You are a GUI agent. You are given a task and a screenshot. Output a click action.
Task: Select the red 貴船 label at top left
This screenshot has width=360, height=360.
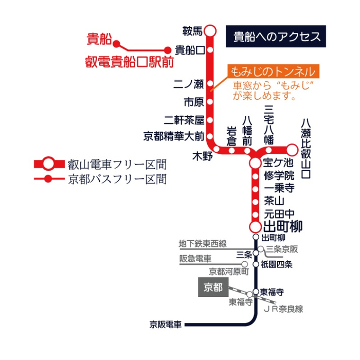point(98,39)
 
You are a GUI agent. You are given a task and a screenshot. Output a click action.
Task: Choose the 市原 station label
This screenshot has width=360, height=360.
point(194,100)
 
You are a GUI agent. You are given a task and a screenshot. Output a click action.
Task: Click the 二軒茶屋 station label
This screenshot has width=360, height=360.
point(185,120)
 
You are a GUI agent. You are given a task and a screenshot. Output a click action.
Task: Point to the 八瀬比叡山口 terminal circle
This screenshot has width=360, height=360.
point(292,150)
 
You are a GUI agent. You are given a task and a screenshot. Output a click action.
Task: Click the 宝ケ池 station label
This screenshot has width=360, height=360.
point(277,164)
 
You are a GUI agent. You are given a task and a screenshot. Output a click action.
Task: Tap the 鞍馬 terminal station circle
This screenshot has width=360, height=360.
point(210,31)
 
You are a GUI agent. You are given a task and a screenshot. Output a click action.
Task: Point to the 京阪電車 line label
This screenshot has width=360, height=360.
point(166,325)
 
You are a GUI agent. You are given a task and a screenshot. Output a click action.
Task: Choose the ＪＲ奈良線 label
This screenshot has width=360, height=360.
point(283,309)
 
